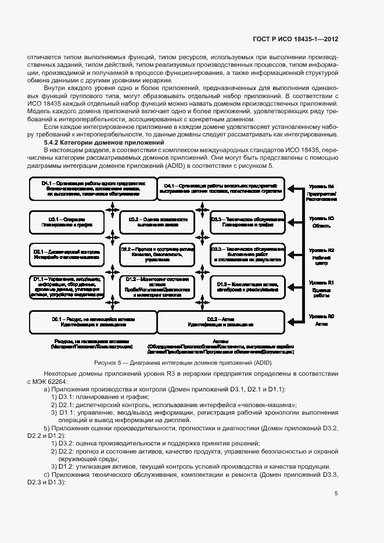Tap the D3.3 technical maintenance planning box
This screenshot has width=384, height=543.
(249, 222)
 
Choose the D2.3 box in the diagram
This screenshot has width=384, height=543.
(249, 254)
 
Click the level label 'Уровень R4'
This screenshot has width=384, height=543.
(321, 186)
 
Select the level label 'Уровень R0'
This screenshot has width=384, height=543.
(321, 316)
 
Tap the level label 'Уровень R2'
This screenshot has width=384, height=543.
(321, 250)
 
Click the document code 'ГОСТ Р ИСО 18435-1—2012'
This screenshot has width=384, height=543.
(296, 40)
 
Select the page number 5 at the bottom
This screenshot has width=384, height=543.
(336, 494)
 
